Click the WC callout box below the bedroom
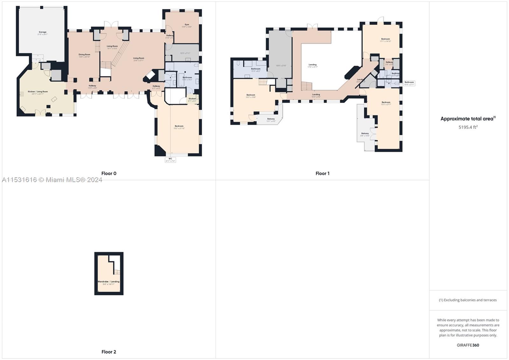[170, 160]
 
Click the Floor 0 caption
[109, 173]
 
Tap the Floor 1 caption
[322, 173]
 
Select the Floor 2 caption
[109, 352]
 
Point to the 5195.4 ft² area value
[468, 127]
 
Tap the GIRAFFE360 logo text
[468, 345]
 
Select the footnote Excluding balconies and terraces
[468, 300]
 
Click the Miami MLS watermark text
[52, 180]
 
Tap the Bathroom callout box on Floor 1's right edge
[409, 83]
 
